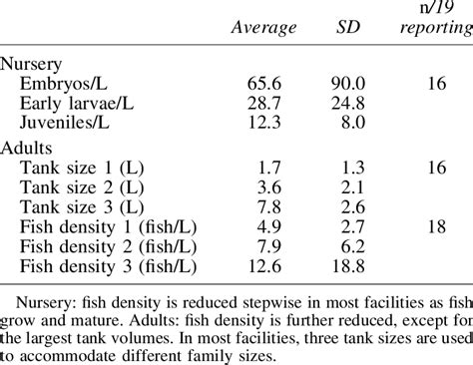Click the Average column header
[x=263, y=29]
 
